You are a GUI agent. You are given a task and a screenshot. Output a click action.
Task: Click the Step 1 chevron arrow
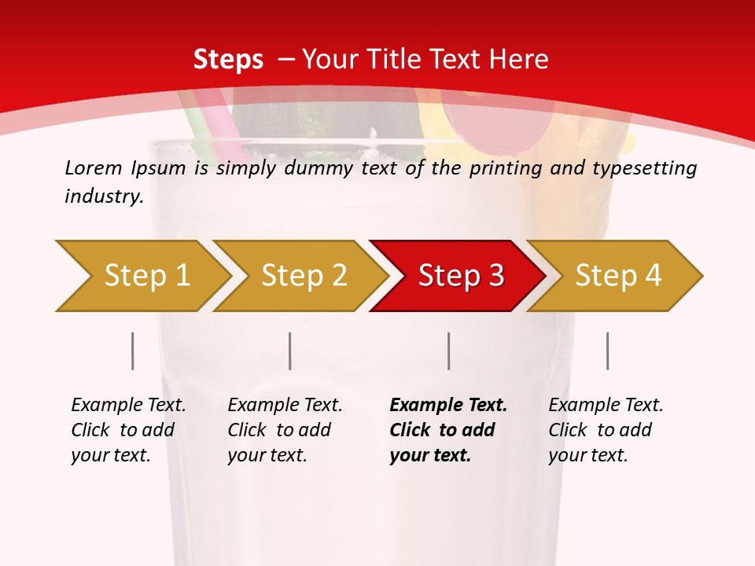(145, 276)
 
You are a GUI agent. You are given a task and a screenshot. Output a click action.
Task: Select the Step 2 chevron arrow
(303, 276)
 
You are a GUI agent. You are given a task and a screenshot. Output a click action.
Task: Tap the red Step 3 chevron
(460, 276)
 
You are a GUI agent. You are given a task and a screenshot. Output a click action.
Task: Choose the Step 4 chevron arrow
(617, 276)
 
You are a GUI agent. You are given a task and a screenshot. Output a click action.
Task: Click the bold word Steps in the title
(228, 60)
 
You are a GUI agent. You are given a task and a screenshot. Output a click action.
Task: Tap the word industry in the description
(103, 196)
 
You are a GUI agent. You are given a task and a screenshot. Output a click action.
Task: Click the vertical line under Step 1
(133, 351)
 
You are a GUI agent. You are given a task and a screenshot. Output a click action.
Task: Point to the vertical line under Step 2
(290, 351)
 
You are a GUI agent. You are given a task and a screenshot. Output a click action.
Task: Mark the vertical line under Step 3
(448, 351)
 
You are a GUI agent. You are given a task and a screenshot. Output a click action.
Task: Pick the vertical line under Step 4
(607, 351)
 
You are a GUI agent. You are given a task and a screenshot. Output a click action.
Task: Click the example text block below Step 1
(128, 430)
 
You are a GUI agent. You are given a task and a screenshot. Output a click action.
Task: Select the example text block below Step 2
(285, 430)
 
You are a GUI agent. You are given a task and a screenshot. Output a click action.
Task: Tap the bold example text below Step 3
(448, 430)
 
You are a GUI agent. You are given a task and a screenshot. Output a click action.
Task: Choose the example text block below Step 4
(606, 430)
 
